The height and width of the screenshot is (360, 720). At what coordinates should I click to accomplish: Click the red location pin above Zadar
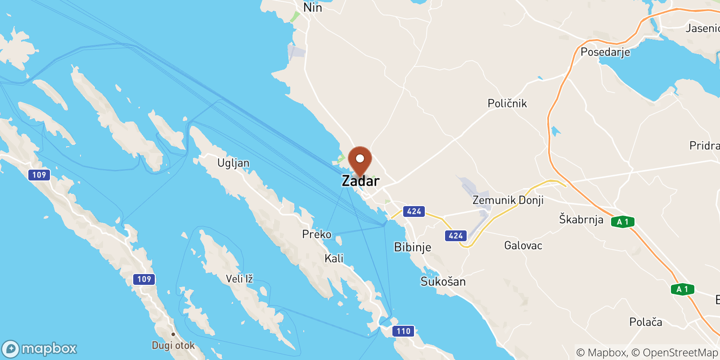pos(360,160)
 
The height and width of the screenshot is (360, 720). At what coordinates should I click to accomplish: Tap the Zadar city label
pos(360,181)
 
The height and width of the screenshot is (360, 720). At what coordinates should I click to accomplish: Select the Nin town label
pos(312,8)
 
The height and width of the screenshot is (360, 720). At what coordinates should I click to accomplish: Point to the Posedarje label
pos(605,52)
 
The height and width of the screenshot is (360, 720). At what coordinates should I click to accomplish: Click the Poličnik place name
pos(507,103)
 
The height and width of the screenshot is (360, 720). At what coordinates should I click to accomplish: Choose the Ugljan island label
pos(233,163)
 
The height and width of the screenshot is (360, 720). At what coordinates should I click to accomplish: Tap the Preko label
pos(316,234)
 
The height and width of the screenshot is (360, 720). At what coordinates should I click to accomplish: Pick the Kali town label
pos(334,258)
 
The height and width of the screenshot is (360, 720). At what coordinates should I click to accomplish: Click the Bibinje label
pos(412,247)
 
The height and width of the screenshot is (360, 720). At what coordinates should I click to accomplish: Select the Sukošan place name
pos(443,282)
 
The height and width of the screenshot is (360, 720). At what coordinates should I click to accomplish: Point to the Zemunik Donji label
pos(508,200)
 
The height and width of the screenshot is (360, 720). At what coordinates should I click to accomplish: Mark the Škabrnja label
pos(581,220)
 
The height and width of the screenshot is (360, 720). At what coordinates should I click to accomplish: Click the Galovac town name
pos(523,246)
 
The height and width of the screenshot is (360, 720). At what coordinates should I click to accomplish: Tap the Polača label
pos(645,322)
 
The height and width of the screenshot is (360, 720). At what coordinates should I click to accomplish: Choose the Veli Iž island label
pos(239,279)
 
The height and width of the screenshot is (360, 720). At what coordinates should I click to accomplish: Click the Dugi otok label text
pos(173,346)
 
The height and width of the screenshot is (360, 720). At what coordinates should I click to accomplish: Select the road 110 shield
pos(403,331)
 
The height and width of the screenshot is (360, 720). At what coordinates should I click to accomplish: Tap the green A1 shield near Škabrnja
pos(623,222)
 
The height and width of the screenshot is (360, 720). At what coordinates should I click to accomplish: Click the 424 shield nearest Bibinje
pos(414,211)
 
